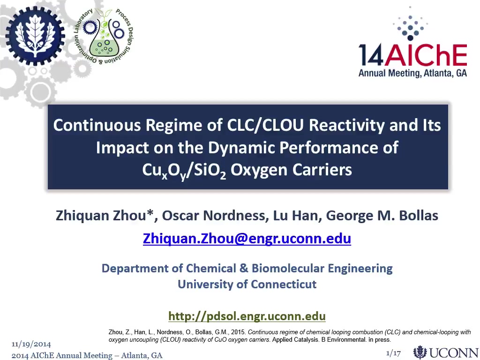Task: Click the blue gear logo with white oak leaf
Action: coord(35,36)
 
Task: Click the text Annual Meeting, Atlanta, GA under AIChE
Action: coord(412,73)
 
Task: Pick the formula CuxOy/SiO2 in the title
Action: coord(184,171)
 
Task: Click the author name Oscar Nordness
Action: coord(213,216)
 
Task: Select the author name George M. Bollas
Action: coord(382,216)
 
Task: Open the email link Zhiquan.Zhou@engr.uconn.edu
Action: coord(247,239)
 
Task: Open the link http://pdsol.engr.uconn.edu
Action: coord(247,316)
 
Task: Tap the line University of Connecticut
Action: coord(247,285)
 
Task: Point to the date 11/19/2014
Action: coord(31,344)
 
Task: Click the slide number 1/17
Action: coord(393,353)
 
